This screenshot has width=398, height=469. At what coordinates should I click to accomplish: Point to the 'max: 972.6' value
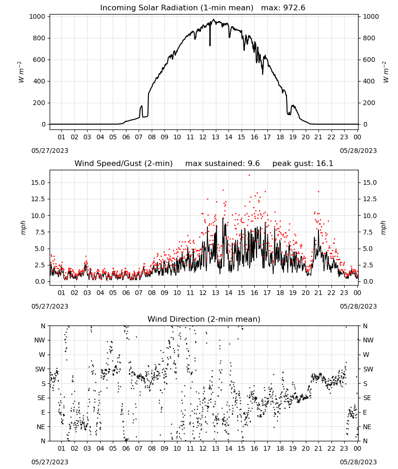coord(283,8)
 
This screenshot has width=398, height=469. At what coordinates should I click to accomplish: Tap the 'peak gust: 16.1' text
coord(302,164)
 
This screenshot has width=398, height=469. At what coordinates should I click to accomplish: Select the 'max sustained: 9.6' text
coord(222,164)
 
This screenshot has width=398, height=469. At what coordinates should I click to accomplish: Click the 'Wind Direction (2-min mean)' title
coord(204,319)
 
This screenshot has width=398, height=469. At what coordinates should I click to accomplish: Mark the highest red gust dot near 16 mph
coord(249,175)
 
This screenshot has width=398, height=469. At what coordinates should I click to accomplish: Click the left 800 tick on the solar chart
coord(39,38)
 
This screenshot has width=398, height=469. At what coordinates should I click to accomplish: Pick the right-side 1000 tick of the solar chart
coord(371,16)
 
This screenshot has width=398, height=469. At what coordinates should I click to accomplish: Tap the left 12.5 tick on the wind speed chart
coord(38,199)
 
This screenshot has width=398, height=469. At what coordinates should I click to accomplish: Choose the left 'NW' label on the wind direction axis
coord(40,340)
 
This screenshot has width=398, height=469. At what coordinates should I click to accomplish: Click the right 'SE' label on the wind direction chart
coord(367,398)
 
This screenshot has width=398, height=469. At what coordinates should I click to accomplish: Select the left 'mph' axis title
coord(23,227)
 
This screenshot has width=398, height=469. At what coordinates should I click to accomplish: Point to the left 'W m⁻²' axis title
coord(21,72)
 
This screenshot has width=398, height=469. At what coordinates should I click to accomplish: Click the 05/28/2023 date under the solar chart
coord(358,151)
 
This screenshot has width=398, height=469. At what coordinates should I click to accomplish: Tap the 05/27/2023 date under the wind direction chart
coord(50,462)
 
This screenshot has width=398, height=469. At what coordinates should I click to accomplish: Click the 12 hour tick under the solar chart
coord(203,137)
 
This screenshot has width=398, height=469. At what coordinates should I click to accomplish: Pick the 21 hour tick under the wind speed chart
coord(318,293)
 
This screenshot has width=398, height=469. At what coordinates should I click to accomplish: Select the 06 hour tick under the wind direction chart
coord(126,448)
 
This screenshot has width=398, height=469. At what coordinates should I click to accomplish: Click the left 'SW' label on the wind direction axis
coord(40,369)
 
